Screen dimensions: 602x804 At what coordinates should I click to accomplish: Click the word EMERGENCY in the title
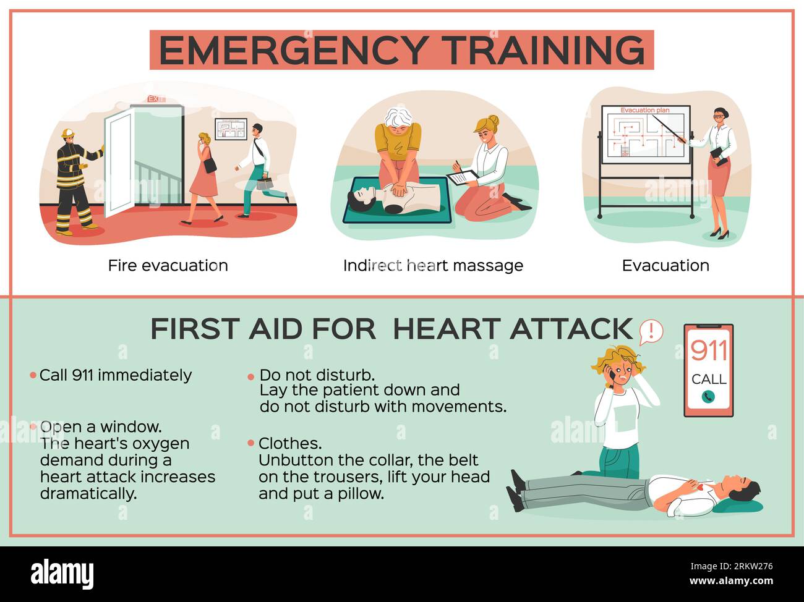(293, 50)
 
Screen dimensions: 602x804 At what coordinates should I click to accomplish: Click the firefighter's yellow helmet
(67, 133)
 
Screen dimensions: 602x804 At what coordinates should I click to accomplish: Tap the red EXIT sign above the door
(155, 99)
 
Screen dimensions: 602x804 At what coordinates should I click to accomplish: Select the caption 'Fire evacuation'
(168, 266)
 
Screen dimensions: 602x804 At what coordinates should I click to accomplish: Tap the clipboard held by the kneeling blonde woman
(463, 177)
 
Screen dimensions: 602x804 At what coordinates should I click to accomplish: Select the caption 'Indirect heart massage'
(433, 266)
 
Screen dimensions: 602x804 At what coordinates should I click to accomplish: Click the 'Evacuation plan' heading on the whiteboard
(645, 110)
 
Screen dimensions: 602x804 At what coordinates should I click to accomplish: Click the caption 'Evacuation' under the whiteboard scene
(665, 266)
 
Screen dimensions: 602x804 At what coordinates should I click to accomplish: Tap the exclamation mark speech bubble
(651, 331)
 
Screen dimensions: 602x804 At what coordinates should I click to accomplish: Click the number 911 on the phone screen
(708, 350)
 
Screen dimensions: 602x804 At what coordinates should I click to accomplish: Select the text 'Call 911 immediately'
(115, 375)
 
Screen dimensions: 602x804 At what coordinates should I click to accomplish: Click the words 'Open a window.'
(101, 426)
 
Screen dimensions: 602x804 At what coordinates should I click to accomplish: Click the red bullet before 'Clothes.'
(250, 443)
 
